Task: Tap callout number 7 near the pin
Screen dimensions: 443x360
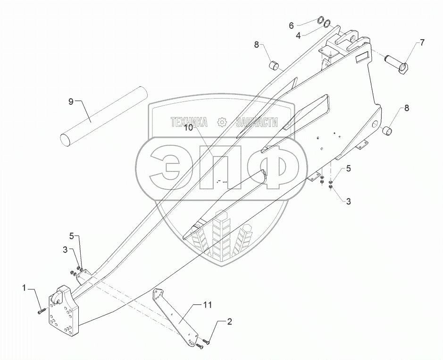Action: point(422,43)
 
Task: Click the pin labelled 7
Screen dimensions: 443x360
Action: point(396,64)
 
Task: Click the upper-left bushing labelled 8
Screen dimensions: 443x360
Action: point(275,64)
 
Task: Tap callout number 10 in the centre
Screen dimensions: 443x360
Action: point(188,127)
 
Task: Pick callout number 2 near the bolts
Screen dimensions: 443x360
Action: point(229,322)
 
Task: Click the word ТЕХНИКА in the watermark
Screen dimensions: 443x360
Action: point(189,122)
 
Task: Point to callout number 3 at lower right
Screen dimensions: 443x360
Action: point(349,201)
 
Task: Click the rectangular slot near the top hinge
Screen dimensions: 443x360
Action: point(362,58)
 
